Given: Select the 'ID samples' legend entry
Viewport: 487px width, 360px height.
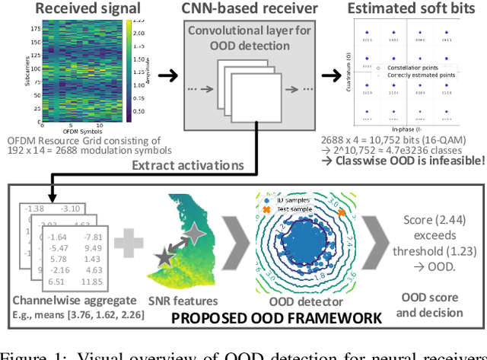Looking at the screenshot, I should click(x=289, y=200).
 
